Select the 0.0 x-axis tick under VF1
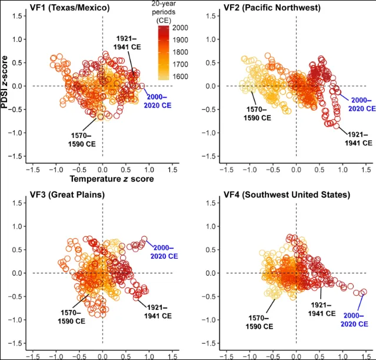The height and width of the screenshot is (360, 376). click(x=102, y=169)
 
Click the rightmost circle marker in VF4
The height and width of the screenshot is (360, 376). click(x=363, y=292)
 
